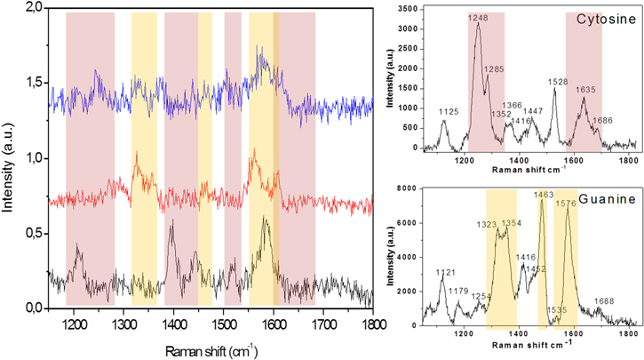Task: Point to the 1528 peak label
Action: click(558, 82)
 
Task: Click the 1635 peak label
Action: click(585, 89)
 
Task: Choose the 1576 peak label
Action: click(566, 204)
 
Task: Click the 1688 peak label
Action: click(603, 301)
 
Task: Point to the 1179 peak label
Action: click(458, 291)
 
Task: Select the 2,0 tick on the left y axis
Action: click(34, 7)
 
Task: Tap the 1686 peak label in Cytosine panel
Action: click(602, 120)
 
